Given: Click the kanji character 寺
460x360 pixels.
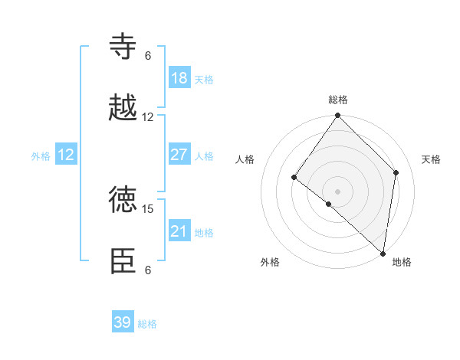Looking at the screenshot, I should pos(123,47).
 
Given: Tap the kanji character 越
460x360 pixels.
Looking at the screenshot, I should pos(123,108).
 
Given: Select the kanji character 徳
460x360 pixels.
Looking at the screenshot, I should pos(123,200).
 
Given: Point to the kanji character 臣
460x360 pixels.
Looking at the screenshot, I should pos(123,261).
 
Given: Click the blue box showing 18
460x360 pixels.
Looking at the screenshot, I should pos(179,78).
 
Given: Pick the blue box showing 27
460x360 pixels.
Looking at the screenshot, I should pos(179,155).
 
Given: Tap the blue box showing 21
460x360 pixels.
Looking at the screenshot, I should pos(179,231).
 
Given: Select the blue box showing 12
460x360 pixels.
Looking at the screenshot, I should pos(66,155).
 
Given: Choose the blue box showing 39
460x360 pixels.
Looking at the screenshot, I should pos(123,322).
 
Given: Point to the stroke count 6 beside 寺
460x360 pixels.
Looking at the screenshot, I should pos(148,55).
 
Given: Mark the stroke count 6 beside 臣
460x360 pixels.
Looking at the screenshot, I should pos(148,270).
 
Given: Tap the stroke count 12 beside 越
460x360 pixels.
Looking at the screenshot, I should pos(148,116).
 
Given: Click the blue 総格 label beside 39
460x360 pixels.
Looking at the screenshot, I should pos(148,324).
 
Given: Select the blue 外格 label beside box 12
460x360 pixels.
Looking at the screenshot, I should pos(41,155).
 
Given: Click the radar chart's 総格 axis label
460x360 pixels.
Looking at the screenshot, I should pos(338,100).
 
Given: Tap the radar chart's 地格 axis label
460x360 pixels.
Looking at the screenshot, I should pos(402,262).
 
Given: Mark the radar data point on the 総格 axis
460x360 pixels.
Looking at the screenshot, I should pos(338,116).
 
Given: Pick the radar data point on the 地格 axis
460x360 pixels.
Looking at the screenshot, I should pos(383,253).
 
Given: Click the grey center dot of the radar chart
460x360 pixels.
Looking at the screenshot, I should pos(338,191).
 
